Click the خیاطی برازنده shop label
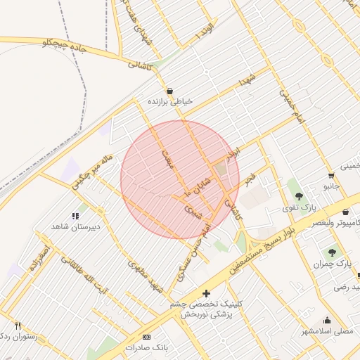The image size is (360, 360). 169,102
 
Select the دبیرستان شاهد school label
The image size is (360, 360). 75,226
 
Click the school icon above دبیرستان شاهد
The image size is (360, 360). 75,216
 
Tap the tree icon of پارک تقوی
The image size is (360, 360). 300,195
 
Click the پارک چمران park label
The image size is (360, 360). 333,263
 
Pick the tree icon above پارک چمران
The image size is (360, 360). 330,252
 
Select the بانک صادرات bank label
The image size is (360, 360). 148,348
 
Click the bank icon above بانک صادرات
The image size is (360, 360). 146,337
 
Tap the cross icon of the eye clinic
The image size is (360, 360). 206,292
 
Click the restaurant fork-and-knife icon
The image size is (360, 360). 18,326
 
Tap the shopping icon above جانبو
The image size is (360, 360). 331,176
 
